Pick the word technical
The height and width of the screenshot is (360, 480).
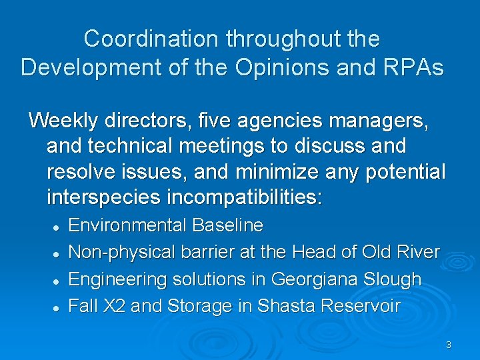132,146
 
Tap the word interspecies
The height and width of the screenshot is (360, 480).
105,197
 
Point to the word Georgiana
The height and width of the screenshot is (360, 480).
313,279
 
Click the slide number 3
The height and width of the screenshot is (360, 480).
448,345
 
